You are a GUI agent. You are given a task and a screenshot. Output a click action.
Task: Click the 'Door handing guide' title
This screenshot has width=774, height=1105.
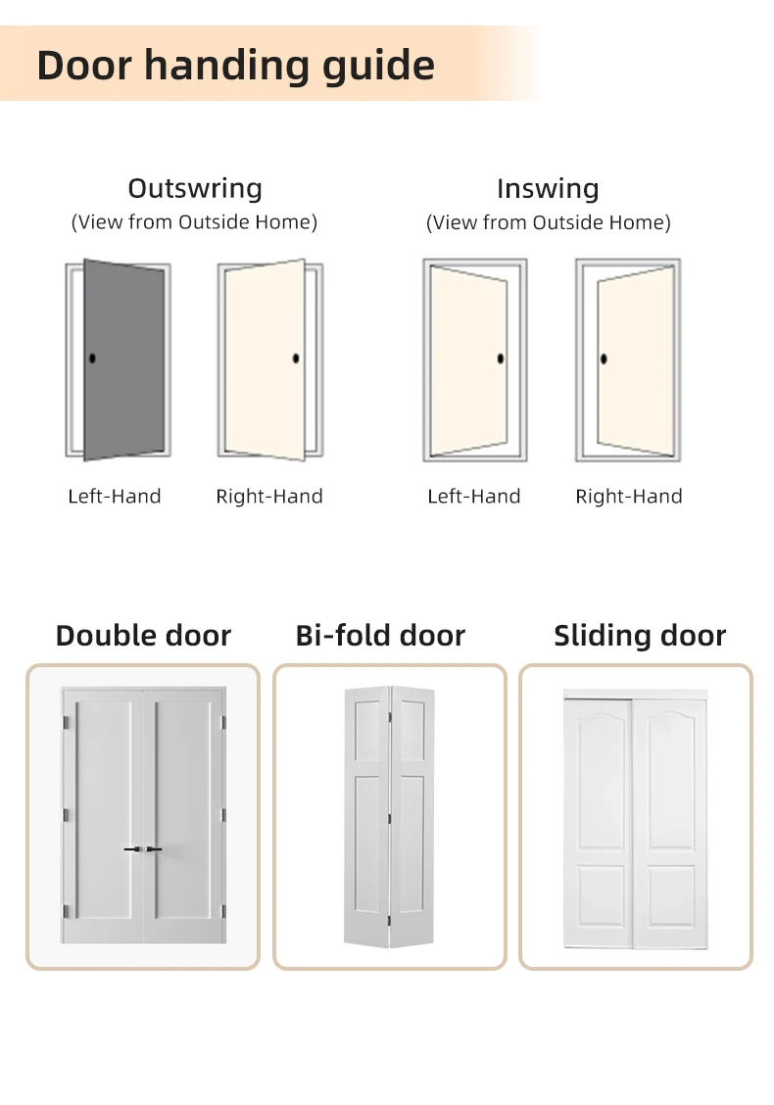[x=235, y=66]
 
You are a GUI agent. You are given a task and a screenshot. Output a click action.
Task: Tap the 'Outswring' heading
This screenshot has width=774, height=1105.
[x=195, y=188]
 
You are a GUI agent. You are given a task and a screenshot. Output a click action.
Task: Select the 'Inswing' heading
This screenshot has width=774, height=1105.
[x=548, y=188]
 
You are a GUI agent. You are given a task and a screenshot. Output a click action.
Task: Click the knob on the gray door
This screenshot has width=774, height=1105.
[x=92, y=359]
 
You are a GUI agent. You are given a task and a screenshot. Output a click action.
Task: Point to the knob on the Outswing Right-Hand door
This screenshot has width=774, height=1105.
[x=297, y=359]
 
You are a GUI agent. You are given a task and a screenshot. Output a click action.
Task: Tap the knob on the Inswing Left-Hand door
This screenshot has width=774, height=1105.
[x=501, y=359]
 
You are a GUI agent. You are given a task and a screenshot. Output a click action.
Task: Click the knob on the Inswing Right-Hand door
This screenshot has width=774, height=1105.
[x=604, y=359]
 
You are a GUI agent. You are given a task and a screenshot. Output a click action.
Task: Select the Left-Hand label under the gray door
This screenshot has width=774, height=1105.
[x=115, y=497]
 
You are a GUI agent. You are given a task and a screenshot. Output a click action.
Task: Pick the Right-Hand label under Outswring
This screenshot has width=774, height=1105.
[x=269, y=497]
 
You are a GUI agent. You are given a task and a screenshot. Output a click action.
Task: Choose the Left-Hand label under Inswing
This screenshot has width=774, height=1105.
[x=474, y=497]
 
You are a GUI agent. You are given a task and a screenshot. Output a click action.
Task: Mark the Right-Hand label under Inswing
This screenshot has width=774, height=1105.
[x=629, y=497]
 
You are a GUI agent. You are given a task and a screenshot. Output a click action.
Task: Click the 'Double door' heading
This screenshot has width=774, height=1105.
[x=143, y=636]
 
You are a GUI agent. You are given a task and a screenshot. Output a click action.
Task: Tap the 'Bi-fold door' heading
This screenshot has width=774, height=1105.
[x=380, y=636]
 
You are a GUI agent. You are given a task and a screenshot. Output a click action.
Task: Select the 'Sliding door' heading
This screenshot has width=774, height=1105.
[x=640, y=636]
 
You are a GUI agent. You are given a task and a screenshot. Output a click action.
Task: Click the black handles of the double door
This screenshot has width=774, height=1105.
[x=143, y=849]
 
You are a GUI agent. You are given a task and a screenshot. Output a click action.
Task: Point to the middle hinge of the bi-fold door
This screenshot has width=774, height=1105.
[x=391, y=815]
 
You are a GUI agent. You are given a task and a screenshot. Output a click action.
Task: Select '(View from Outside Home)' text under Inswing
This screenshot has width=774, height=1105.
[x=548, y=222]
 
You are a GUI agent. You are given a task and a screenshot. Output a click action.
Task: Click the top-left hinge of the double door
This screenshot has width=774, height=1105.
[x=66, y=723]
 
